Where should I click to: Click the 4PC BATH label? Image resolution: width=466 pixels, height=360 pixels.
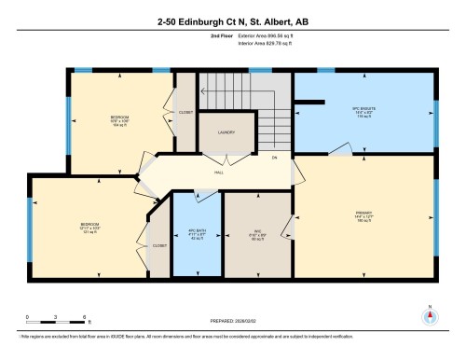(195, 233)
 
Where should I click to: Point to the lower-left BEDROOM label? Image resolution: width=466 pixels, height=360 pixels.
(89, 227)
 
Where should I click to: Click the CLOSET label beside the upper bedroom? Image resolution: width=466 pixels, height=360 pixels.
(186, 117)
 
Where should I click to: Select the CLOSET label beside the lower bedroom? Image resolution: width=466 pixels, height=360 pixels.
(159, 246)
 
